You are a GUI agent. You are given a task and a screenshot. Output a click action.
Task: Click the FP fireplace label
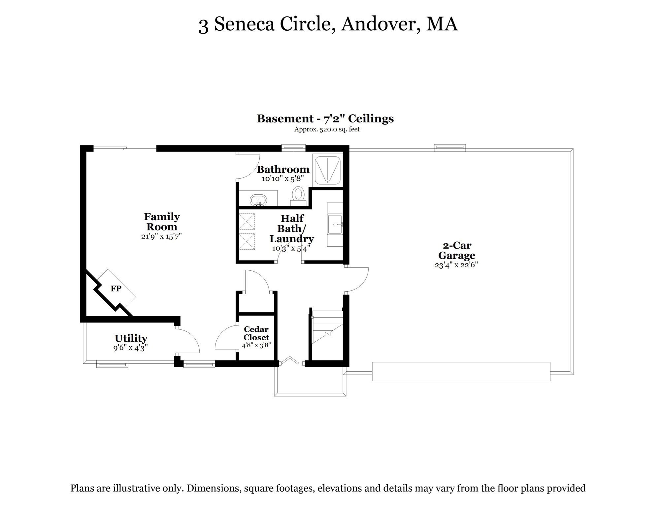[x=116, y=289]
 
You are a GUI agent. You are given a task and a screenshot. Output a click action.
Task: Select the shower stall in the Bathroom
[x=327, y=170]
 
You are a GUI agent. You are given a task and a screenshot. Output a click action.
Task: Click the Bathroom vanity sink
[x=258, y=200]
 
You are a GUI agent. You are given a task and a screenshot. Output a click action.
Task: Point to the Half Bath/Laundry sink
[x=335, y=224]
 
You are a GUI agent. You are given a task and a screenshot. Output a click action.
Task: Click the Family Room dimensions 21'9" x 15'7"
[x=161, y=237]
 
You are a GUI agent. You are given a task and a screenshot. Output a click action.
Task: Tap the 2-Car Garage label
[x=457, y=251]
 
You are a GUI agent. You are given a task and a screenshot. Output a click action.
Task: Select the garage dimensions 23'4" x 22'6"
[x=456, y=265]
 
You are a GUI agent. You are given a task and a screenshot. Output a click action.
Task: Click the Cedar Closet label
[x=256, y=333]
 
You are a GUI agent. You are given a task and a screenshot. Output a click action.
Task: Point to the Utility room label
[x=131, y=338]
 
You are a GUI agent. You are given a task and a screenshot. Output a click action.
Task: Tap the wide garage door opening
[x=461, y=372]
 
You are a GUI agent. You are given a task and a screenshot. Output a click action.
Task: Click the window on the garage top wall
[x=450, y=148]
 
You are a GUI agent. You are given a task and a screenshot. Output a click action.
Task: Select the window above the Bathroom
[x=293, y=148]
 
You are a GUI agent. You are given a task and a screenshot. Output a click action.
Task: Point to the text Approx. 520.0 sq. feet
[x=327, y=129]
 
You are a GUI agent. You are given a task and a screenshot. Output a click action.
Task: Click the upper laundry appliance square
[x=247, y=221]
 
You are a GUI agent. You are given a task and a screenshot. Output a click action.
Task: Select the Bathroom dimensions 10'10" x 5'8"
[x=283, y=179]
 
